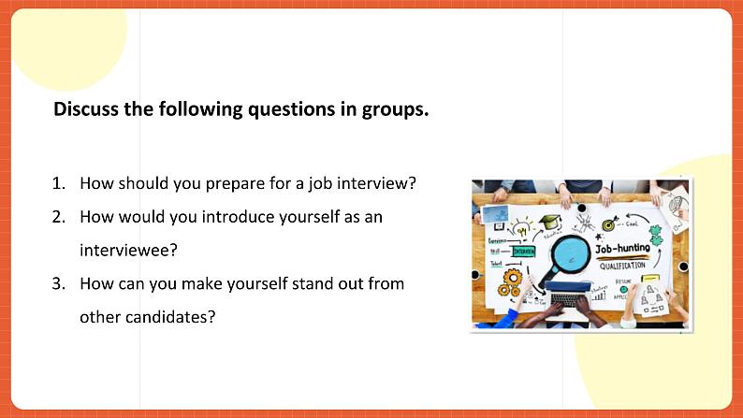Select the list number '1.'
pyautogui.click(x=59, y=183)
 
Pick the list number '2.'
pyautogui.click(x=59, y=216)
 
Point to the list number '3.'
pyautogui.click(x=59, y=282)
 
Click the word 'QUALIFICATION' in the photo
pyautogui.click(x=627, y=265)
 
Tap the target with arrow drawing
pyautogui.click(x=610, y=224)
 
